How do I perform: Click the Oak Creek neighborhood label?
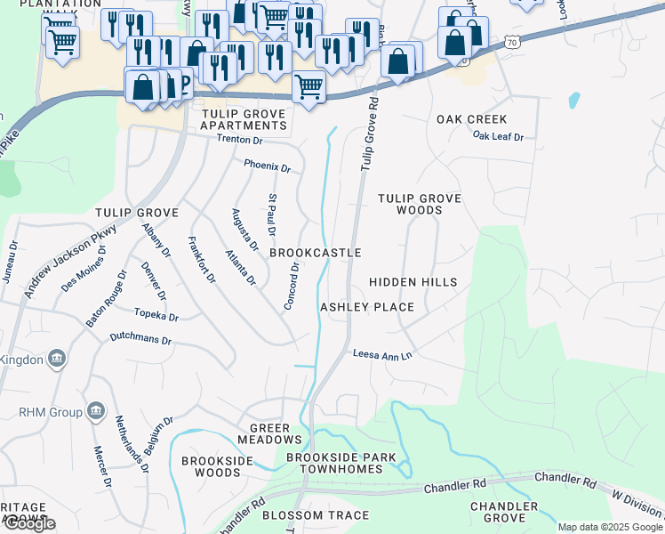(471, 119)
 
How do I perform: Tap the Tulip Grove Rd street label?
(370, 134)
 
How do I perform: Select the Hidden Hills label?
(413, 282)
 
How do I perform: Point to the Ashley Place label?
(367, 307)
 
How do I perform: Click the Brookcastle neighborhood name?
(315, 253)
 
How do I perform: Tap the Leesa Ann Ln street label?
(383, 354)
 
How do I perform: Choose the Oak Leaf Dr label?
(498, 136)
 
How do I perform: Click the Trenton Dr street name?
(240, 140)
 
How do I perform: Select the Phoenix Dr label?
(268, 166)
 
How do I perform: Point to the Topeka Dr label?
(156, 316)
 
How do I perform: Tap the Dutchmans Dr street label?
(140, 339)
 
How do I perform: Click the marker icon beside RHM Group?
(96, 411)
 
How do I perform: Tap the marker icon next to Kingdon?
(57, 359)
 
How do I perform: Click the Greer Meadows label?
(269, 433)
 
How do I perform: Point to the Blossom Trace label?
(316, 515)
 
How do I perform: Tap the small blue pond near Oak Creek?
(573, 101)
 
